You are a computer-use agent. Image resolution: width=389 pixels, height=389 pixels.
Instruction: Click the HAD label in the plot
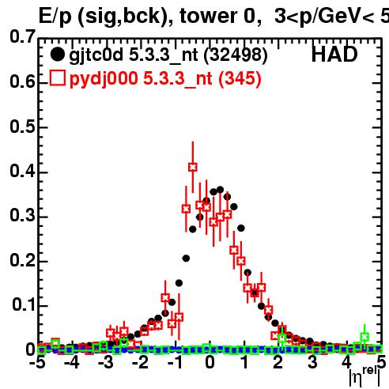334,55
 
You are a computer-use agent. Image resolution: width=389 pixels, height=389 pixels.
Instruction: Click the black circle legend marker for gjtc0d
57,55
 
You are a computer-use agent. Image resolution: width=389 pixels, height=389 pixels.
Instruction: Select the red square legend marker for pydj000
58,77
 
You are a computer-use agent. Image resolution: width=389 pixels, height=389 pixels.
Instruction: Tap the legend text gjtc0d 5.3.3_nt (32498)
168,55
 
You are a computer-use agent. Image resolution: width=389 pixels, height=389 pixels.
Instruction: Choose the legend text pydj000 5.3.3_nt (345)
165,79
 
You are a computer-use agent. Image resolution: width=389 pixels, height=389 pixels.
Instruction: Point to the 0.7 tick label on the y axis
22,36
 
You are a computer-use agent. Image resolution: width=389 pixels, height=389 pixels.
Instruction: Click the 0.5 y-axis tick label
22,127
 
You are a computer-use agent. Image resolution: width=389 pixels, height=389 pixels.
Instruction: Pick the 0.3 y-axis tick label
22,215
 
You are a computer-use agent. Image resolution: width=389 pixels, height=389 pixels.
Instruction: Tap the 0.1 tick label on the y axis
24,304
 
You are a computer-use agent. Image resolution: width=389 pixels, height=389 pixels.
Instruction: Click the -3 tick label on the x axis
107,362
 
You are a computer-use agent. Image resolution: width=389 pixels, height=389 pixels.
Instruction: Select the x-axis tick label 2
278,362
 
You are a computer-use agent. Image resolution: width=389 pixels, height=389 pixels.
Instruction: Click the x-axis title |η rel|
365,376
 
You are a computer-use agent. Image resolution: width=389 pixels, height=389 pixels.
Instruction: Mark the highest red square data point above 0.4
193,167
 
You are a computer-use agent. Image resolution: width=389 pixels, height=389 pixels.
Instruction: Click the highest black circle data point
220,190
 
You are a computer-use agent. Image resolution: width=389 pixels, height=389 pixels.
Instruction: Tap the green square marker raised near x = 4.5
364,337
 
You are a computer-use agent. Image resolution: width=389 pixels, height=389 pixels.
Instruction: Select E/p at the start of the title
55,17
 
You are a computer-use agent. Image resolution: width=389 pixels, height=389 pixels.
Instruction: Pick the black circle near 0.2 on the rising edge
186,259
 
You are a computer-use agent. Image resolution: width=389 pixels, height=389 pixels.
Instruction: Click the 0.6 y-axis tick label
22,81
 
